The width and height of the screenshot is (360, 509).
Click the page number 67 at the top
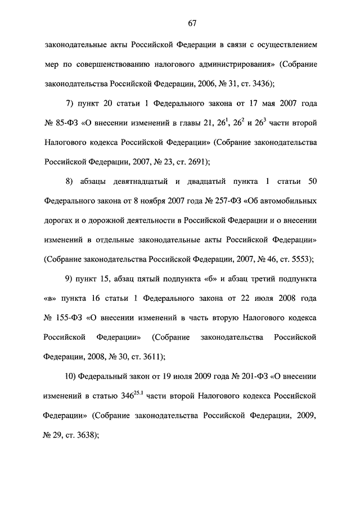pyautogui.click(x=192, y=23)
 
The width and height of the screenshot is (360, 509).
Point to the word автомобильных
pyautogui.click(x=286, y=201)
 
